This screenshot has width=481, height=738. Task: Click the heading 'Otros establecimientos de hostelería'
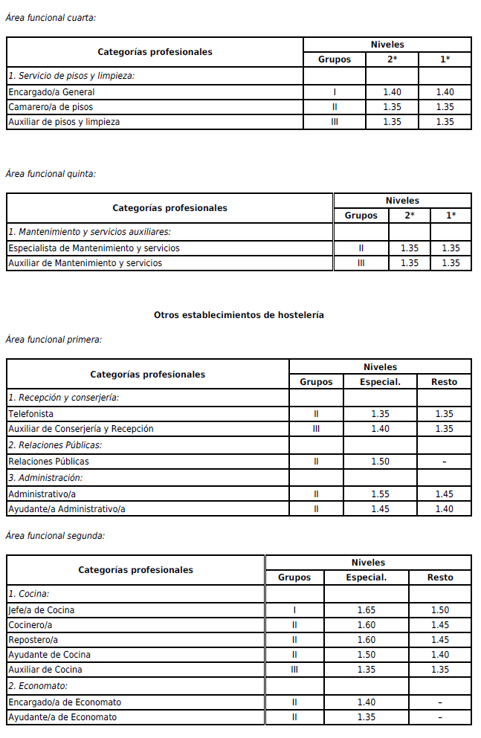point(239,315)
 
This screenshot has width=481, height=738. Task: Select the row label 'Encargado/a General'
point(51,92)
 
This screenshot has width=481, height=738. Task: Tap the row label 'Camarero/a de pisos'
point(51,107)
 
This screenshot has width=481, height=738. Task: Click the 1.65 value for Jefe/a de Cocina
point(367,610)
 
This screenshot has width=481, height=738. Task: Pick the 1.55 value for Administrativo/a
point(380,493)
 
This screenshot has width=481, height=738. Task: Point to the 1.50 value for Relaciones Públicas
point(380,462)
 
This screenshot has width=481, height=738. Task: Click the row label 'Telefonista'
point(30,414)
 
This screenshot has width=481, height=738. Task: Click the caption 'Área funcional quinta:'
point(51,174)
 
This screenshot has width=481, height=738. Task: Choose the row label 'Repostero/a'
point(33,640)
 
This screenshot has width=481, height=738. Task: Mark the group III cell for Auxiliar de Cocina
point(294,670)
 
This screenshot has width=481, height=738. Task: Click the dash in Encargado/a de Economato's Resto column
point(440,702)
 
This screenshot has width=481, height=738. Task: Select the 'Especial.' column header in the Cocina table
point(367,577)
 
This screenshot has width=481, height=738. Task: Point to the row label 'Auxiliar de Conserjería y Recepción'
point(80,429)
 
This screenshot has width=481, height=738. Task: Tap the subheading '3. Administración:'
point(45,477)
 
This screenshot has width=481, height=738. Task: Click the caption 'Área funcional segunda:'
point(55,535)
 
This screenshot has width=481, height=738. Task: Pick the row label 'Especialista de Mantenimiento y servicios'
point(94,248)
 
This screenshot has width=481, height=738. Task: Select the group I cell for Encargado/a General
point(335,92)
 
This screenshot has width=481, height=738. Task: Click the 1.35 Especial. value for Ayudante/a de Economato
point(367,717)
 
